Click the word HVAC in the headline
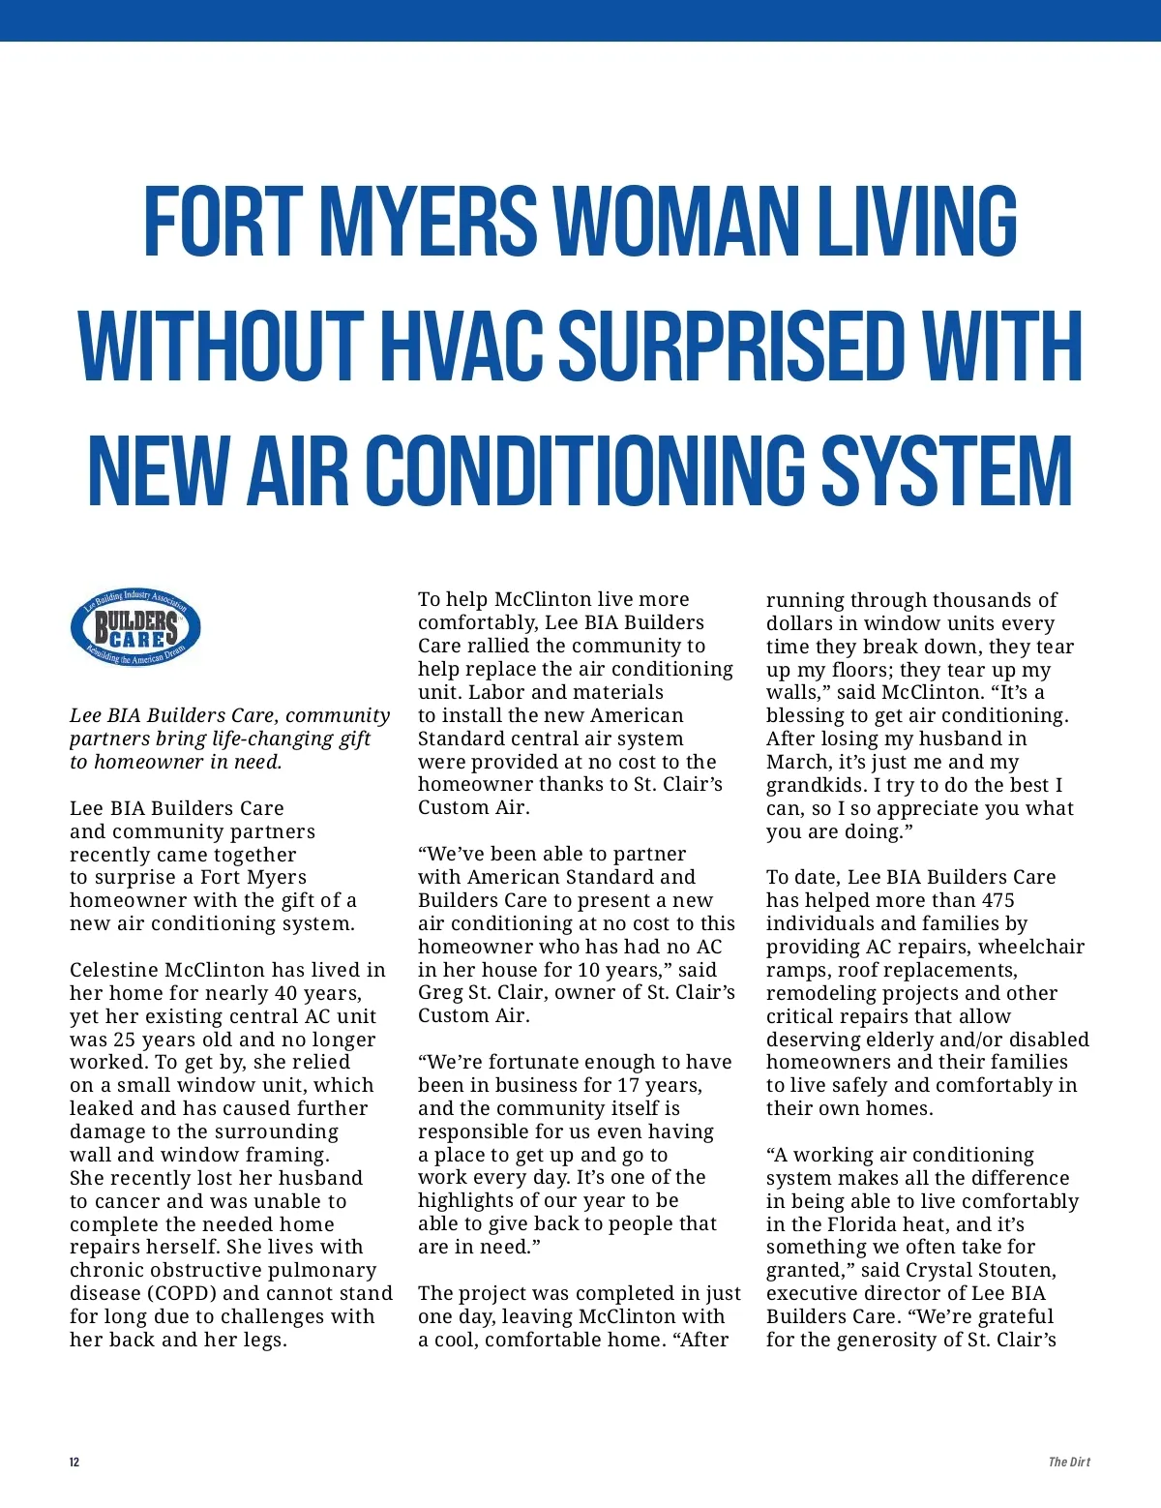coord(466,346)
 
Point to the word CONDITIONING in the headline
coord(586,470)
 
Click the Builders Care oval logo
coord(135,627)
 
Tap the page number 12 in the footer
coord(74,1462)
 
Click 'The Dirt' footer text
coord(1069,1462)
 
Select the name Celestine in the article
coord(114,970)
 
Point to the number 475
coord(997,900)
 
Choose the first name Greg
coord(441,993)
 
